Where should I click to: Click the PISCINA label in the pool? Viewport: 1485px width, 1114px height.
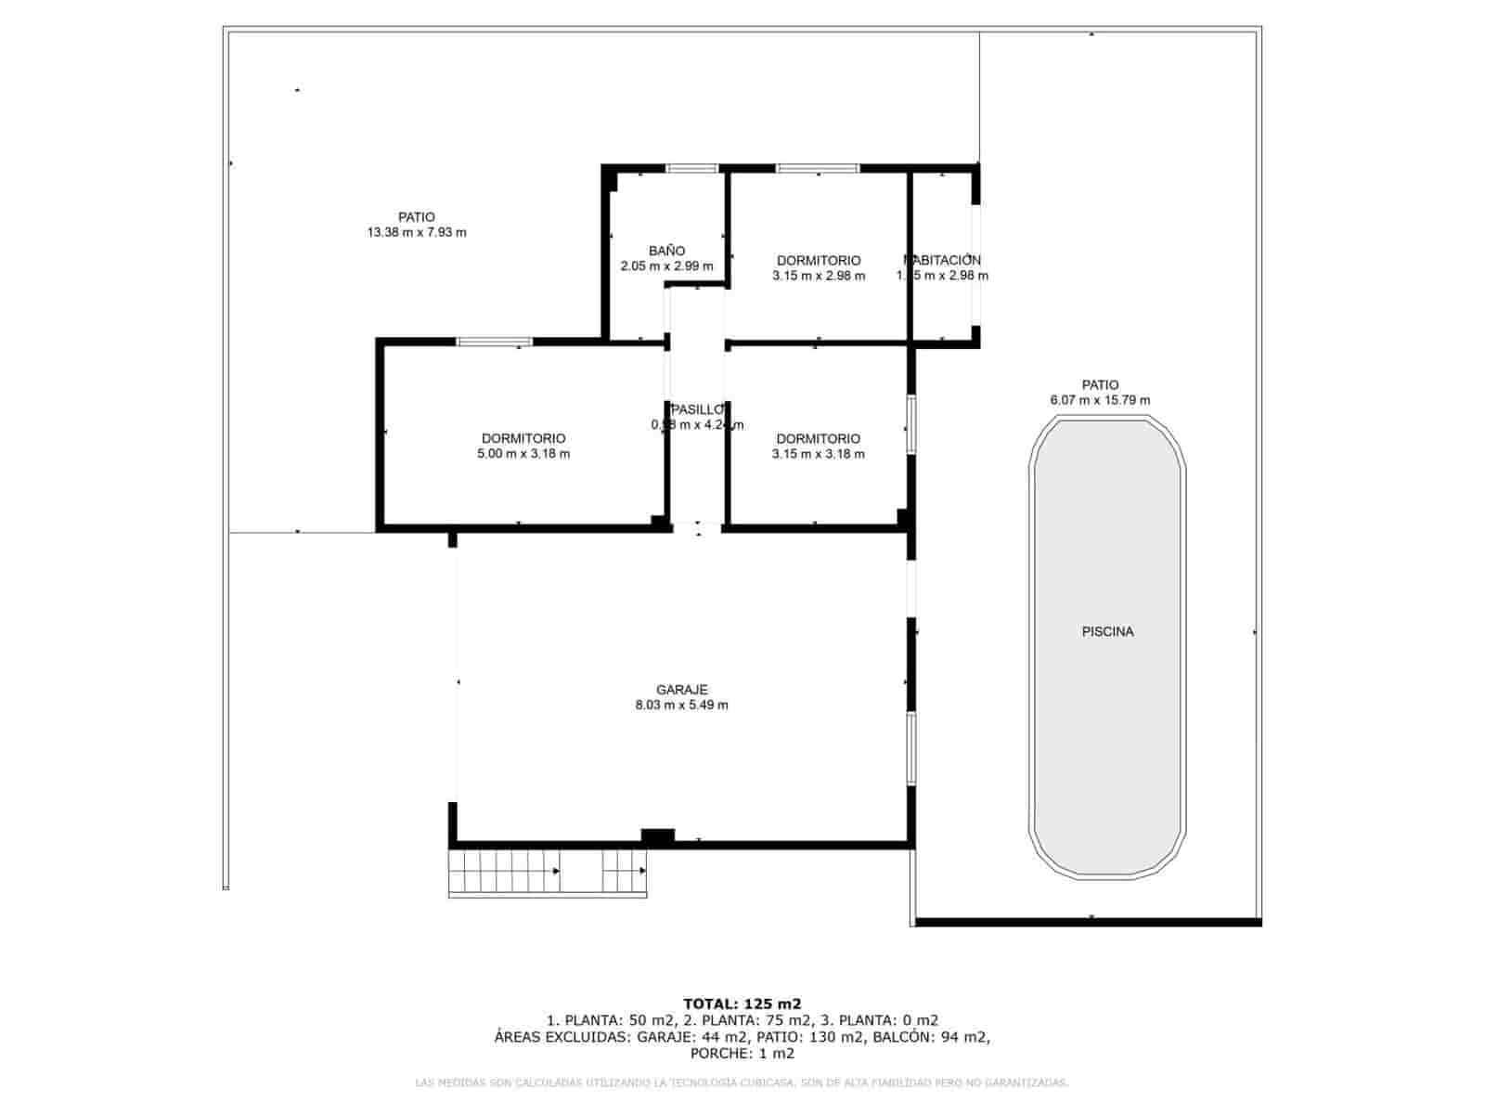1107,631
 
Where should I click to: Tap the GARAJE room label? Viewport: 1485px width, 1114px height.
681,690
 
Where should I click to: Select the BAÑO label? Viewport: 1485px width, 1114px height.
666,251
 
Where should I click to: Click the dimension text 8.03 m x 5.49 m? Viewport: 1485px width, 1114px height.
681,706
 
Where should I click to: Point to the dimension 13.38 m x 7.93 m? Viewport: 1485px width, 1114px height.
417,233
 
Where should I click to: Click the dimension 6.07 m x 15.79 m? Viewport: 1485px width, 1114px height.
1100,400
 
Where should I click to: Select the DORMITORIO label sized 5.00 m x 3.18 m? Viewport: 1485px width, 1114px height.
523,438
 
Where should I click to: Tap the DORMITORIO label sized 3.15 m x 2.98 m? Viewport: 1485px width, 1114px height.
819,261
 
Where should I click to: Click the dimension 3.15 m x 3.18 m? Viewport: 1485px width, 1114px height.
819,454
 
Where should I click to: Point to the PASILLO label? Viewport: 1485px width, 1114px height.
697,409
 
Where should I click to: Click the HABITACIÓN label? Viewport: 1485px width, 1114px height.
943,260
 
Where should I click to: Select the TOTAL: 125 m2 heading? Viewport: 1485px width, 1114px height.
742,1004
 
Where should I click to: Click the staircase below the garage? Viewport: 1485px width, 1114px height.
548,872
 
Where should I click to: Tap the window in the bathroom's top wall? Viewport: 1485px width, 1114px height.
692,169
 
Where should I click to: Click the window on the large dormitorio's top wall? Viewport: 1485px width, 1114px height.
495,342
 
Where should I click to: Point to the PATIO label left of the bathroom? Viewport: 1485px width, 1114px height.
417,217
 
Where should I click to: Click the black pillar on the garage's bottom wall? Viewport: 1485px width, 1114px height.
658,836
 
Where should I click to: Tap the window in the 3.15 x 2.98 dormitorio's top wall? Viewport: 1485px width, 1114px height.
818,169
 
